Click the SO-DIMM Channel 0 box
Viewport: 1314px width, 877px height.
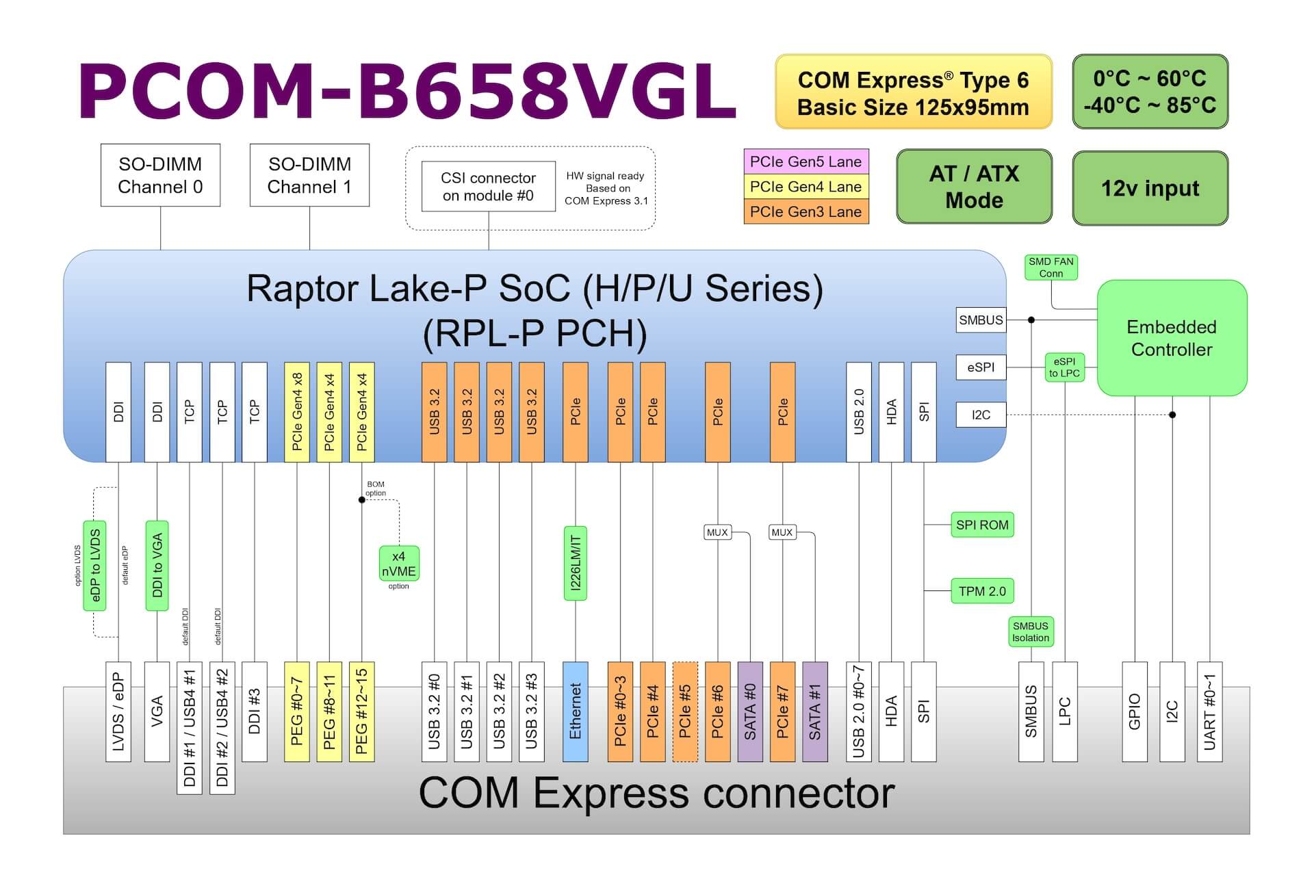(160, 175)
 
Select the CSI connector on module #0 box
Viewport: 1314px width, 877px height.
(488, 187)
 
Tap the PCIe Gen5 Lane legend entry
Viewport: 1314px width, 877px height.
(806, 162)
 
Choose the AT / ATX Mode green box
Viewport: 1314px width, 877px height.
(973, 187)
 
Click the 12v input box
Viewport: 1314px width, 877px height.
(1150, 188)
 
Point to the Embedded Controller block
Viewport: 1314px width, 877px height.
(1171, 338)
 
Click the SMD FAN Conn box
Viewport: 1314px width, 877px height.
(1051, 267)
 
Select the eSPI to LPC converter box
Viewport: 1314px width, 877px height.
(1064, 367)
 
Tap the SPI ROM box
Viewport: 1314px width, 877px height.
(981, 525)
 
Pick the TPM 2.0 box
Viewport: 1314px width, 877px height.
(981, 591)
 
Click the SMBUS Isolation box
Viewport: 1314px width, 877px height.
(1030, 631)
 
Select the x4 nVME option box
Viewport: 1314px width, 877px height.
(398, 564)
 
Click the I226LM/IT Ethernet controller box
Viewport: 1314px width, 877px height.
(575, 563)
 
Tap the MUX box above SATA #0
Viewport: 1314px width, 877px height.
(717, 532)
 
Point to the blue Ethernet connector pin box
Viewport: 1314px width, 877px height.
(575, 711)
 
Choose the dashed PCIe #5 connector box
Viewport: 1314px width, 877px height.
(685, 711)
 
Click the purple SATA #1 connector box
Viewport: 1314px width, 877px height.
(814, 711)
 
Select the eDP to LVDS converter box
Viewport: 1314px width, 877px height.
(95, 566)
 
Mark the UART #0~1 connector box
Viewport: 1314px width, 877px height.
(1209, 711)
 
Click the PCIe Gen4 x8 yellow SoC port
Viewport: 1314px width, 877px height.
(297, 412)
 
